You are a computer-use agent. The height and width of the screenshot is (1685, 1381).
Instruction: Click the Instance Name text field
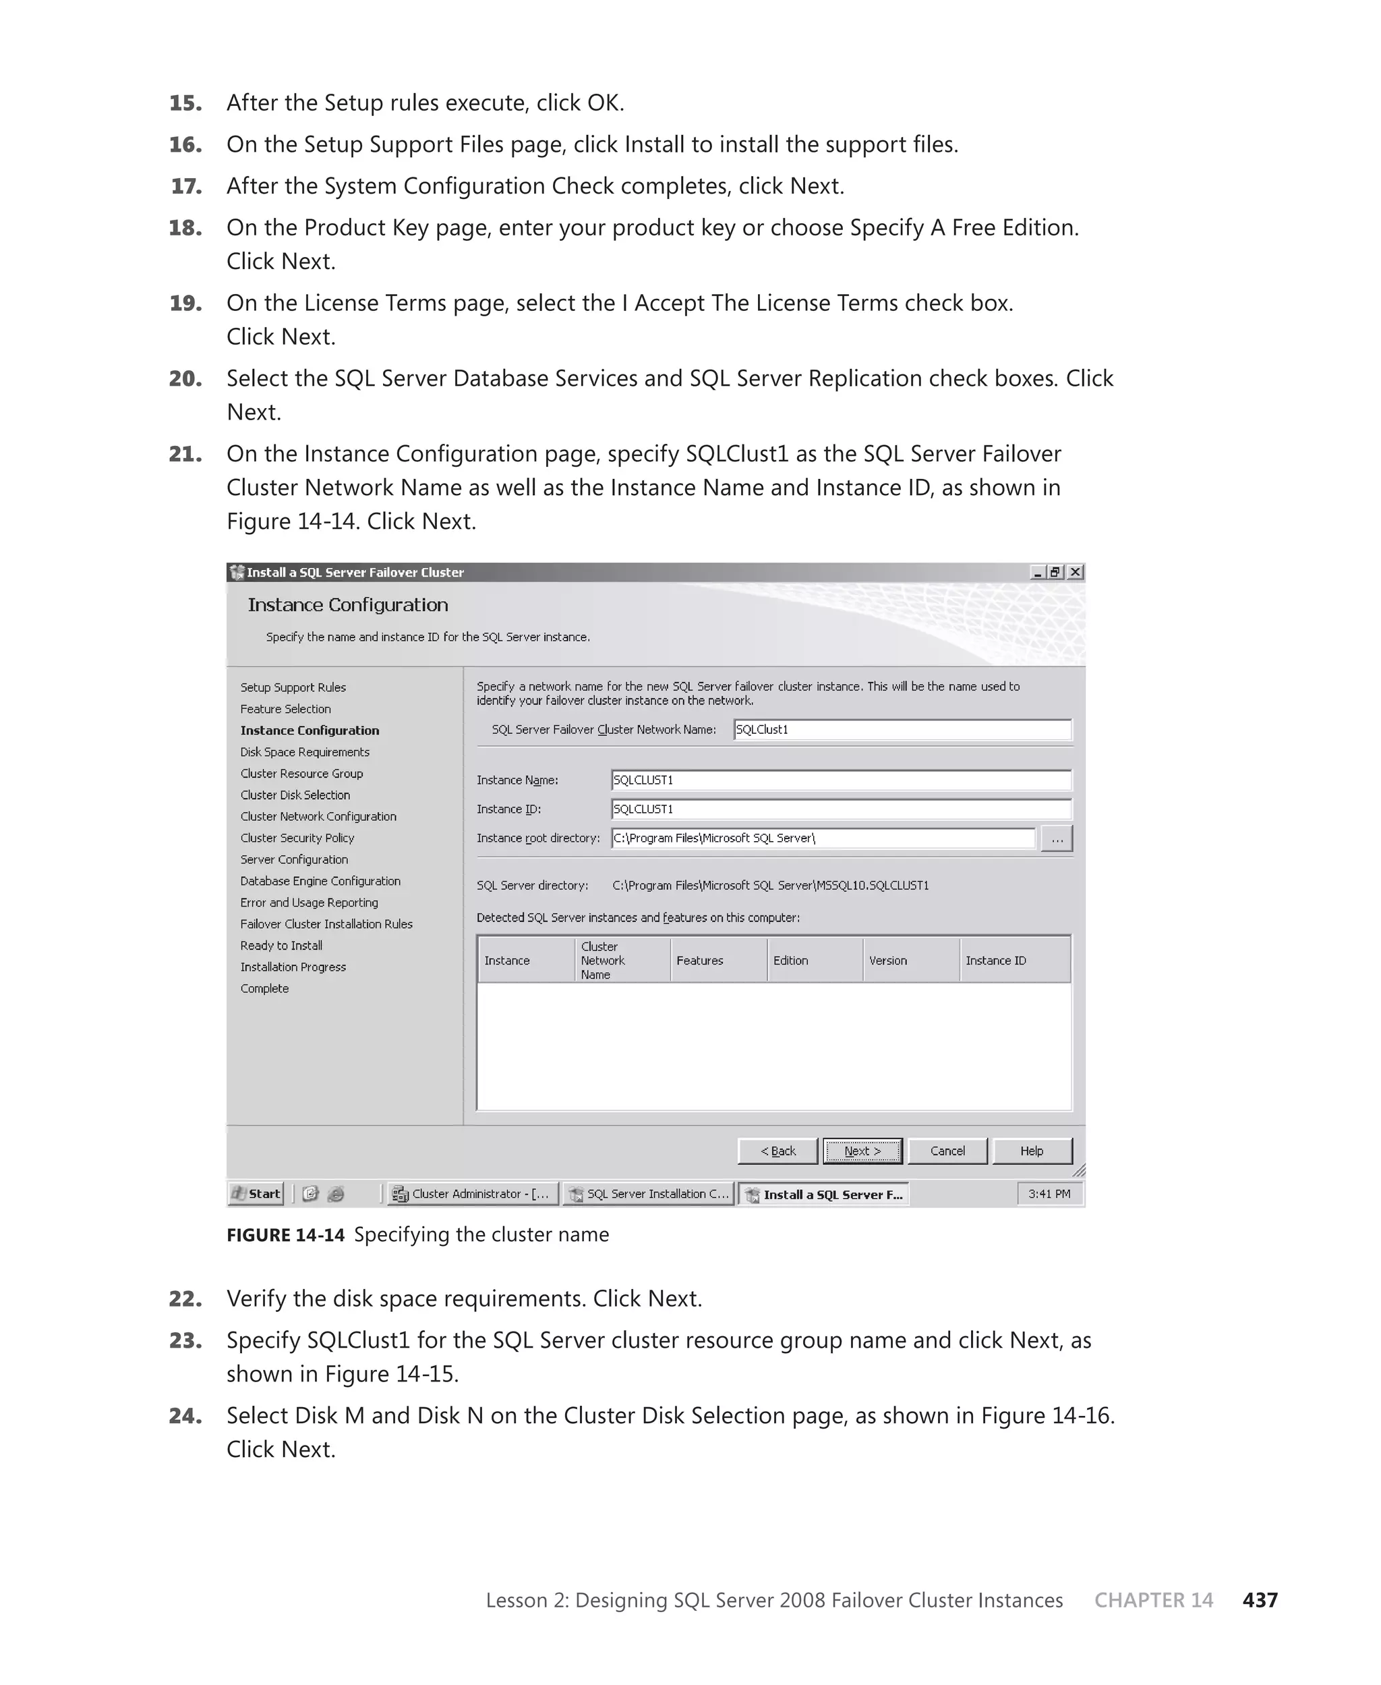pos(841,780)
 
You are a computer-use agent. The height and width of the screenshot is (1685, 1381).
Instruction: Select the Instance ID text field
pos(841,809)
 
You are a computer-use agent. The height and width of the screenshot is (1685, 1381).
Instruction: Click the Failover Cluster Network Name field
pos(902,730)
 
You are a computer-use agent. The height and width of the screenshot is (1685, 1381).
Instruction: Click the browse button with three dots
pos(1057,838)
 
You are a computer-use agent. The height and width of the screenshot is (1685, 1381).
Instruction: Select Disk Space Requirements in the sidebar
pos(305,752)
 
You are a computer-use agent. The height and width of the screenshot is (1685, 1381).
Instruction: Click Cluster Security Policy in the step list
pos(297,838)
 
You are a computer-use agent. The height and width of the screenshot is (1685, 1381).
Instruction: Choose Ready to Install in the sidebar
pos(281,945)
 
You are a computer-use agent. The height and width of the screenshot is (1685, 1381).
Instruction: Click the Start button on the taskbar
pos(256,1193)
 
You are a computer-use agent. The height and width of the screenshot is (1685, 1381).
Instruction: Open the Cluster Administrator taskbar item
pos(473,1193)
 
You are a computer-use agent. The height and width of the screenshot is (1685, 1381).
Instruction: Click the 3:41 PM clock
pos(1049,1193)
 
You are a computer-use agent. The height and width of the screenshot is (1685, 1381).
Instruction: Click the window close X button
pos(1076,572)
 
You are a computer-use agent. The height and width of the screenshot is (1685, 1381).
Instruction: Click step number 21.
pos(185,454)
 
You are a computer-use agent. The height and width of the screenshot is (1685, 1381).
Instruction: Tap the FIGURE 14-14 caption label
pos(285,1234)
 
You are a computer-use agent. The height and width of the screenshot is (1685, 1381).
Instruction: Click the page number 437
pos(1260,1600)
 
